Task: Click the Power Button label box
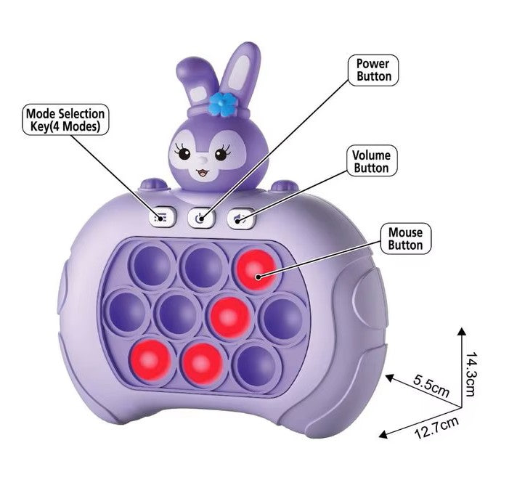[x=374, y=70]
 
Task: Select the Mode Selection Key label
[x=65, y=120]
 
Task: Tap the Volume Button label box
[x=371, y=161]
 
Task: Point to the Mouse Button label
[x=405, y=239]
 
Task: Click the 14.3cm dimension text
[x=471, y=375]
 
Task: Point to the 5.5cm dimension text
[x=431, y=384]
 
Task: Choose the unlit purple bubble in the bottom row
[x=254, y=362]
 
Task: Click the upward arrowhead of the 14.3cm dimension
[x=460, y=330]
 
